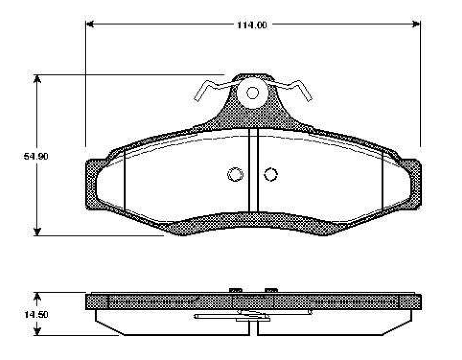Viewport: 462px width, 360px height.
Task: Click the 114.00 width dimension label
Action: pos(252,25)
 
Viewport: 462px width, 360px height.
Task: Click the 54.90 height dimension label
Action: pos(36,156)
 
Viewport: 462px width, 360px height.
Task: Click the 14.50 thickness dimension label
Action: pos(36,314)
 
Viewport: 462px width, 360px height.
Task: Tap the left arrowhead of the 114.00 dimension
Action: pos(90,24)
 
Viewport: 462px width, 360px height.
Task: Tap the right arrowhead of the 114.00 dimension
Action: pos(416,24)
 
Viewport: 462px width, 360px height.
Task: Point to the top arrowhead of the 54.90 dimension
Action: pos(37,78)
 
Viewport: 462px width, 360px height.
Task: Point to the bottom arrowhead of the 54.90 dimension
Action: pos(37,232)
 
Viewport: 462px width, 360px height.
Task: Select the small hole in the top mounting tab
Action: pos(253,93)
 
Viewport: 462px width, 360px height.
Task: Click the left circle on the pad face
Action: pos(236,174)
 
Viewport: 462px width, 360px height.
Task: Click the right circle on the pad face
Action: pos(271,174)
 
